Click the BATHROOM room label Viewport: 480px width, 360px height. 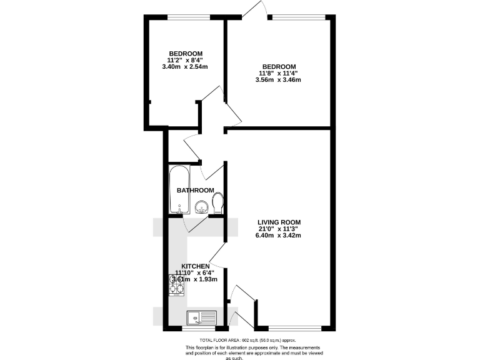click(195, 190)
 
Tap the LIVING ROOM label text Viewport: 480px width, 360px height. click(279, 222)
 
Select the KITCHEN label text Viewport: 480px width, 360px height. click(196, 266)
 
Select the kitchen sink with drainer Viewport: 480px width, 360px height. click(202, 317)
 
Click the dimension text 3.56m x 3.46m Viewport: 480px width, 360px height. click(279, 79)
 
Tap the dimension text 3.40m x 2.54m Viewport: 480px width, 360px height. click(184, 66)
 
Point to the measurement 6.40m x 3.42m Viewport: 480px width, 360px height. click(279, 236)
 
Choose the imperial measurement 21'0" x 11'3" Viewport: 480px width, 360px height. click(279, 229)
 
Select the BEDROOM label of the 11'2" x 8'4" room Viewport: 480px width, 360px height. click(185, 53)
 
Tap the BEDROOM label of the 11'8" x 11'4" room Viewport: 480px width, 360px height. click(279, 66)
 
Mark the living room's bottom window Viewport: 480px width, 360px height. click(289, 328)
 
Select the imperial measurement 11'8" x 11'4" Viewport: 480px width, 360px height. click(279, 73)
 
